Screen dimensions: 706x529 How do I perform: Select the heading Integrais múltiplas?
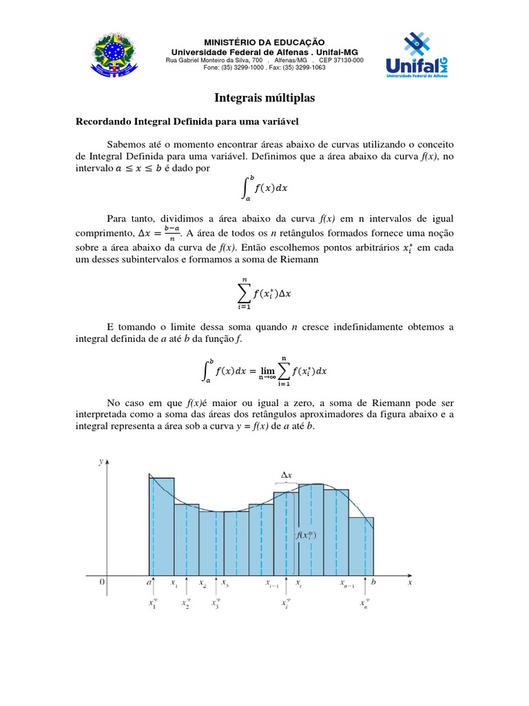click(x=264, y=99)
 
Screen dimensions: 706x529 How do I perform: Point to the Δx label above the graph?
click(x=287, y=476)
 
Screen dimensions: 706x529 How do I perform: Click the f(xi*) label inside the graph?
click(x=306, y=535)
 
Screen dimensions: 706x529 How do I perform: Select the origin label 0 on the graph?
click(x=105, y=583)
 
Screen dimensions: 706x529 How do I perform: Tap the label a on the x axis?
click(x=149, y=583)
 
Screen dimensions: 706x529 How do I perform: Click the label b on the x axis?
click(x=373, y=583)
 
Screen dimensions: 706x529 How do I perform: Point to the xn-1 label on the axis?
click(x=348, y=585)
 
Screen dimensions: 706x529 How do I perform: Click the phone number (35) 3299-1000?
click(x=238, y=68)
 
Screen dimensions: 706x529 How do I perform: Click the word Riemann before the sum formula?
click(x=293, y=261)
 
